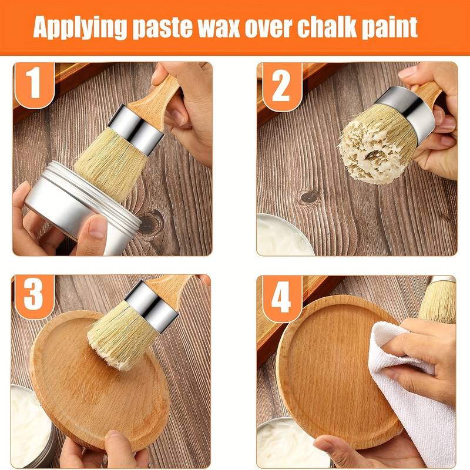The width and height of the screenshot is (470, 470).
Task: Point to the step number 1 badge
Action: coord(35,84)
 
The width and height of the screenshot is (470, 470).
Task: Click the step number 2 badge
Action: coord(281,86)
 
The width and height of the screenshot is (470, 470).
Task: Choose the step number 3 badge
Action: coord(34,296)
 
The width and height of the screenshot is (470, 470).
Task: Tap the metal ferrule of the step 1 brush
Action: coord(136,129)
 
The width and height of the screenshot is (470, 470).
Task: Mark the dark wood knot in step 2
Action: coord(310,197)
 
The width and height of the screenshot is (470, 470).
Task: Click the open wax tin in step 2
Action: coord(282,236)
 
